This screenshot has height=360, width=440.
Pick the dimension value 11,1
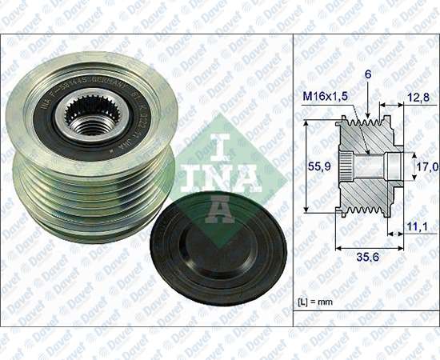click(416, 228)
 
